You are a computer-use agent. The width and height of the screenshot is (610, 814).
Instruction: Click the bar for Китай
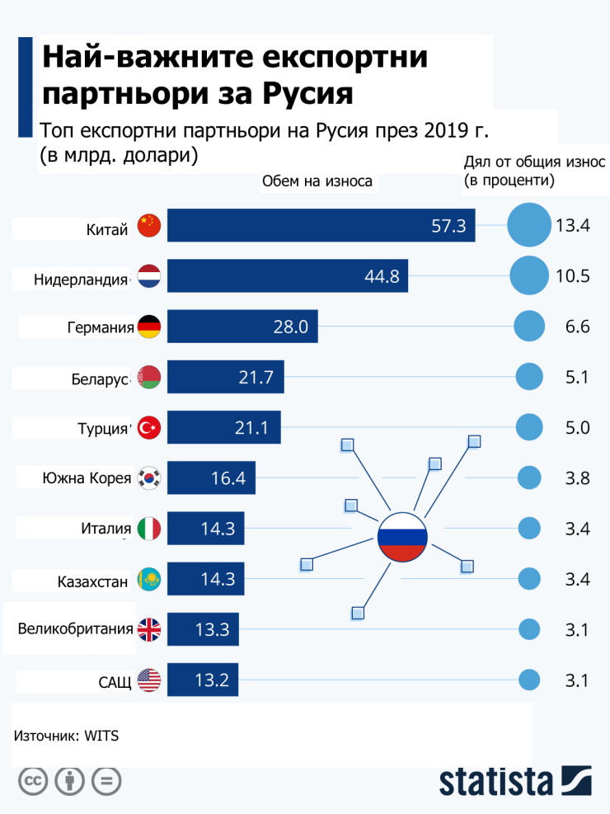(x=321, y=225)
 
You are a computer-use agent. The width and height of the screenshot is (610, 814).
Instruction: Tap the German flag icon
(x=149, y=327)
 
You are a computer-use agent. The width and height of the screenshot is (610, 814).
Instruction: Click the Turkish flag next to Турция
(x=149, y=427)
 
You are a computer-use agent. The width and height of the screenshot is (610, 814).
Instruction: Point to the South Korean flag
(x=149, y=477)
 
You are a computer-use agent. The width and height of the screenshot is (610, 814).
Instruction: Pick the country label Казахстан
(x=93, y=581)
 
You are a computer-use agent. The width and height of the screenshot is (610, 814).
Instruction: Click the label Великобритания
(x=76, y=630)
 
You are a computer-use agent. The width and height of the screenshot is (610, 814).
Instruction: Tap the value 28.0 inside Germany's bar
(x=291, y=327)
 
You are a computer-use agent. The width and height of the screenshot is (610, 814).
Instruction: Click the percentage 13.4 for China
(x=573, y=226)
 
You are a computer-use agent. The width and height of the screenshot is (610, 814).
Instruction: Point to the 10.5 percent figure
(x=573, y=276)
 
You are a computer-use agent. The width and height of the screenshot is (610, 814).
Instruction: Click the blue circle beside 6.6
(x=529, y=327)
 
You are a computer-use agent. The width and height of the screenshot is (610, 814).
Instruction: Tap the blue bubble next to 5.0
(x=529, y=427)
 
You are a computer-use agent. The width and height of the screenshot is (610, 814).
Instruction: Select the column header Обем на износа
(x=317, y=181)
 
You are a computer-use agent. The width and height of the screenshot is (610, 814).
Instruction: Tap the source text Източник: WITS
(x=67, y=736)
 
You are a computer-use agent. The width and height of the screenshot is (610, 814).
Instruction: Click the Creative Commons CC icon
(x=33, y=781)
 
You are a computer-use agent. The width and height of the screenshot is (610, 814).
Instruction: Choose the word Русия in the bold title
(x=307, y=92)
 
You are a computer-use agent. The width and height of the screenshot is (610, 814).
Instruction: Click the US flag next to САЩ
(x=149, y=680)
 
